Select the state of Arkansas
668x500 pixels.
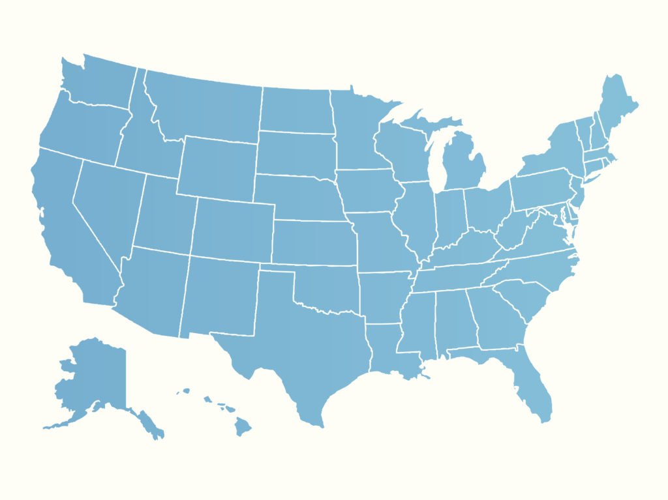pyautogui.click(x=385, y=297)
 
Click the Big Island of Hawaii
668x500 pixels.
pyautogui.click(x=243, y=428)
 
